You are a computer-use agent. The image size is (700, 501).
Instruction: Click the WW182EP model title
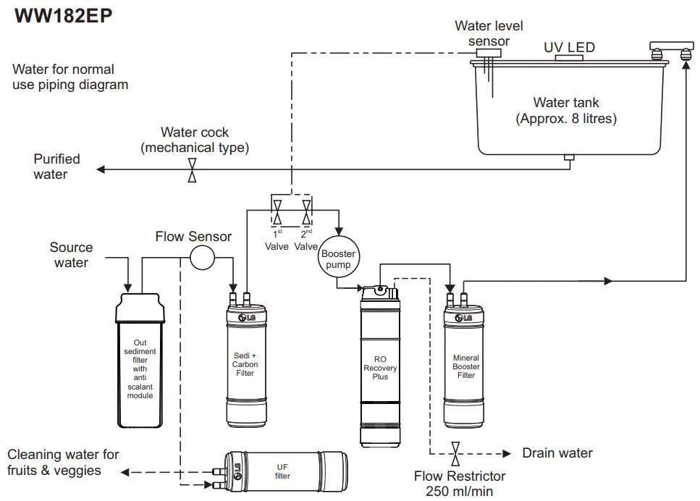[64, 16]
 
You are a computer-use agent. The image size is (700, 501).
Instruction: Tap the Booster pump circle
[338, 258]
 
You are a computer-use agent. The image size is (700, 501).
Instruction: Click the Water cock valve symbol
[192, 170]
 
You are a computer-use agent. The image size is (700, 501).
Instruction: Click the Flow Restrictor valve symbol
[455, 454]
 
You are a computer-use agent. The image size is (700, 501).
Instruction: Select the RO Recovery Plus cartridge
[380, 366]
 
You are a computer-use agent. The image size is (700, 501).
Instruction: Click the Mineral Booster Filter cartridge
[466, 366]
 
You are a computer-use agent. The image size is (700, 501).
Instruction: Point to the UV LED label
[569, 48]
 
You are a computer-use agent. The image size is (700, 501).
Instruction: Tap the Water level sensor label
[489, 33]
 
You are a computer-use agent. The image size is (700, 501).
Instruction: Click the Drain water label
[557, 453]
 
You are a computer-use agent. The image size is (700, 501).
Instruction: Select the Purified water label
[56, 167]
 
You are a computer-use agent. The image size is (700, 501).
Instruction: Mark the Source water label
[71, 255]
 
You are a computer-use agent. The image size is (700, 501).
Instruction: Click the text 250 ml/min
[460, 491]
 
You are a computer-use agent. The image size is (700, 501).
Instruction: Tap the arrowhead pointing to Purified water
[101, 170]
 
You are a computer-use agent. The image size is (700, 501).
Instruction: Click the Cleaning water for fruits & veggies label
[63, 463]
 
